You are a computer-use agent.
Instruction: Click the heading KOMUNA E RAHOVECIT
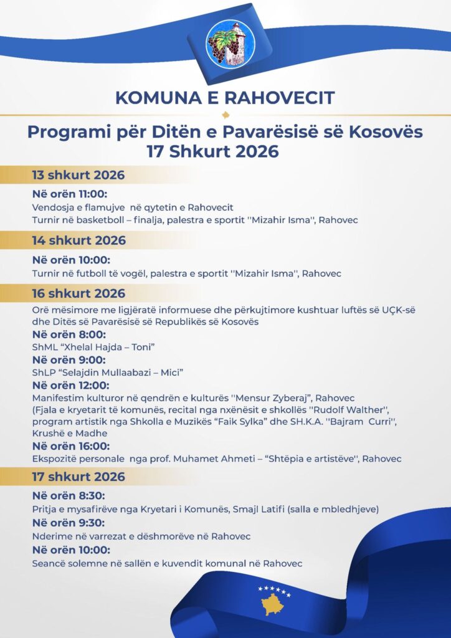tap(225, 98)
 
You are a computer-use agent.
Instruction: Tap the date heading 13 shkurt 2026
tap(78, 175)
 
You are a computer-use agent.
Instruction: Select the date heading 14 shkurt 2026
tap(78, 240)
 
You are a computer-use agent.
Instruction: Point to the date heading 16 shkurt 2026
tap(78, 293)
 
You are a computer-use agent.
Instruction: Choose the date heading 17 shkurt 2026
tap(78, 477)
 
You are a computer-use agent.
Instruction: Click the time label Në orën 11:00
tap(69, 193)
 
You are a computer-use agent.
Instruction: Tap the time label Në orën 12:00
tap(71, 385)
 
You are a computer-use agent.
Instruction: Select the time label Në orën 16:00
tap(71, 446)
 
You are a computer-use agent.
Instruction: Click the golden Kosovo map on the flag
tap(273, 603)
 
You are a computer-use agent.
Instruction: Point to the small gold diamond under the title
tap(225, 115)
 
